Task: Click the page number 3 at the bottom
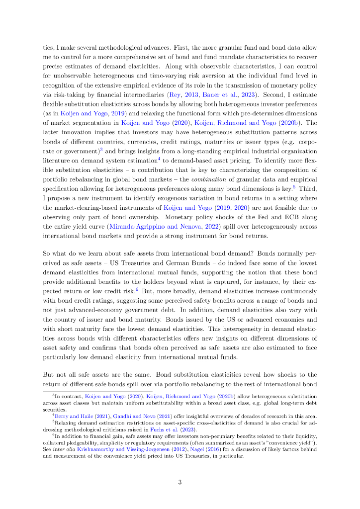pos(180,482)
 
